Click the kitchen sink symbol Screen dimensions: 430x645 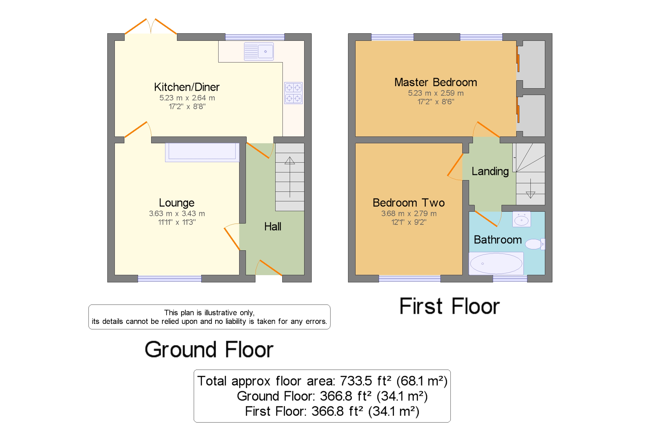[x=259, y=51]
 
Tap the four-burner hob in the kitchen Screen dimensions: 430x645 [x=293, y=93]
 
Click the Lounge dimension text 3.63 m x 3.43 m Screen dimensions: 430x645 [x=177, y=213]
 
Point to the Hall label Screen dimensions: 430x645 [x=272, y=227]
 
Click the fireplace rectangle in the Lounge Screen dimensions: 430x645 [x=202, y=152]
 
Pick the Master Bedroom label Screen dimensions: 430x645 [x=435, y=82]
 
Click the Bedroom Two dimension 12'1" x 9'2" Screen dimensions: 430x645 [x=408, y=222]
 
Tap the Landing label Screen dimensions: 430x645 [x=490, y=171]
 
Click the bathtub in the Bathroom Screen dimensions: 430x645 [x=496, y=263]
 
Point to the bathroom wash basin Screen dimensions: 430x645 [x=521, y=220]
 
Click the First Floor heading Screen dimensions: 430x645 [x=449, y=306]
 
